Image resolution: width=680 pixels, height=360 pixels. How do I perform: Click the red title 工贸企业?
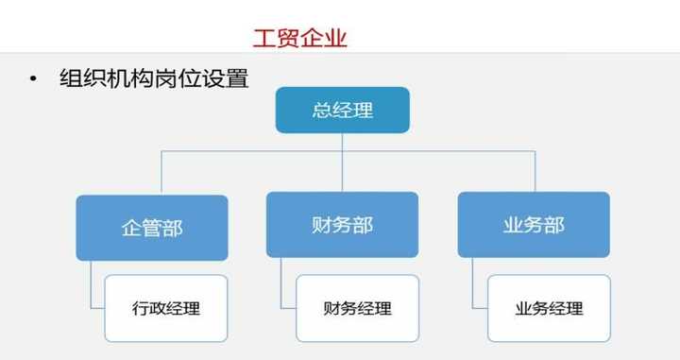[x=300, y=38]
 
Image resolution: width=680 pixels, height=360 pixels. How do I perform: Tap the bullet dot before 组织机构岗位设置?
[x=35, y=78]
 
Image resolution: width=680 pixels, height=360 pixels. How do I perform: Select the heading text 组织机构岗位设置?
[x=153, y=78]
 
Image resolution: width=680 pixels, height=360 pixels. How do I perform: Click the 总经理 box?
[x=342, y=110]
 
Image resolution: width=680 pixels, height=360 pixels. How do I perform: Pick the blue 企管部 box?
[x=152, y=227]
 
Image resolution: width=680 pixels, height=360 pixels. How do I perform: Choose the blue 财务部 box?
[x=342, y=224]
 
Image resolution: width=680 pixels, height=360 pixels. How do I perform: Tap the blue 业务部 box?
[x=534, y=224]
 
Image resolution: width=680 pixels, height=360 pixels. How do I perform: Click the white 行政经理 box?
[x=166, y=308]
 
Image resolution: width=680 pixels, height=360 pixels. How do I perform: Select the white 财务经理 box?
[x=357, y=308]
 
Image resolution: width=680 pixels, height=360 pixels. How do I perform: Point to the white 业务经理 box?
[x=549, y=308]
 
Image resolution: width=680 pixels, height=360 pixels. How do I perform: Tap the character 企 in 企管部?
[x=131, y=228]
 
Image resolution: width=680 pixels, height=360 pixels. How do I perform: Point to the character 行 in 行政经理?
[x=140, y=309]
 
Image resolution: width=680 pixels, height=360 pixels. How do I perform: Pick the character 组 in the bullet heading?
[x=70, y=78]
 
